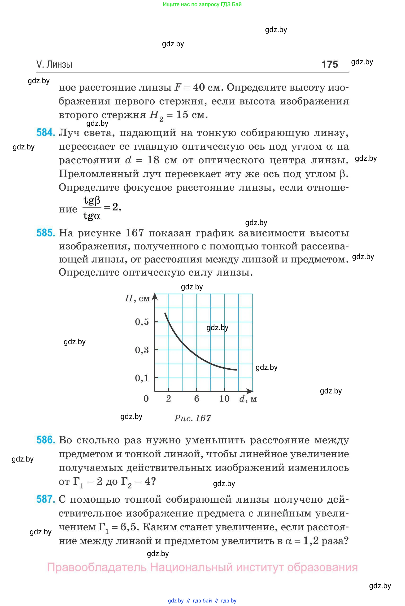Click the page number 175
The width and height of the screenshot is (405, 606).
[330, 64]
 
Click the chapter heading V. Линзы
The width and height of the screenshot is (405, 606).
[54, 64]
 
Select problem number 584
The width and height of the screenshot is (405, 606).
[45, 132]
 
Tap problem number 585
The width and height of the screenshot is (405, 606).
[45, 233]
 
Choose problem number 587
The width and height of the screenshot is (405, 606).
[45, 499]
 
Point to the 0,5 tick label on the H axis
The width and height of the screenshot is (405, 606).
[142, 322]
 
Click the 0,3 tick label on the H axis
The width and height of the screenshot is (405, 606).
[142, 350]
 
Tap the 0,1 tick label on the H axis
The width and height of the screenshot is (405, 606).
[142, 378]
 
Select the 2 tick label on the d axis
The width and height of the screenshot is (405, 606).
[168, 399]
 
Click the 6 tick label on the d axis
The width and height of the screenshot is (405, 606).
[196, 399]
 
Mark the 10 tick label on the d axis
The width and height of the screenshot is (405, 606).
[224, 399]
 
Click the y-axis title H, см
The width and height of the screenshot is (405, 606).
[137, 299]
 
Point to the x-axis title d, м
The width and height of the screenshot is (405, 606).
[248, 399]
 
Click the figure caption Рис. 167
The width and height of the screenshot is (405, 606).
[193, 418]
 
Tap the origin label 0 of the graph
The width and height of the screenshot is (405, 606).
[146, 399]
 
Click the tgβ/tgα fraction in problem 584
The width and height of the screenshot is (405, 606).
[92, 208]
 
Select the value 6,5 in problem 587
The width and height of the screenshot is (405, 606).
[128, 527]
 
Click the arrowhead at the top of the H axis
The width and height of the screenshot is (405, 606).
[154, 296]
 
